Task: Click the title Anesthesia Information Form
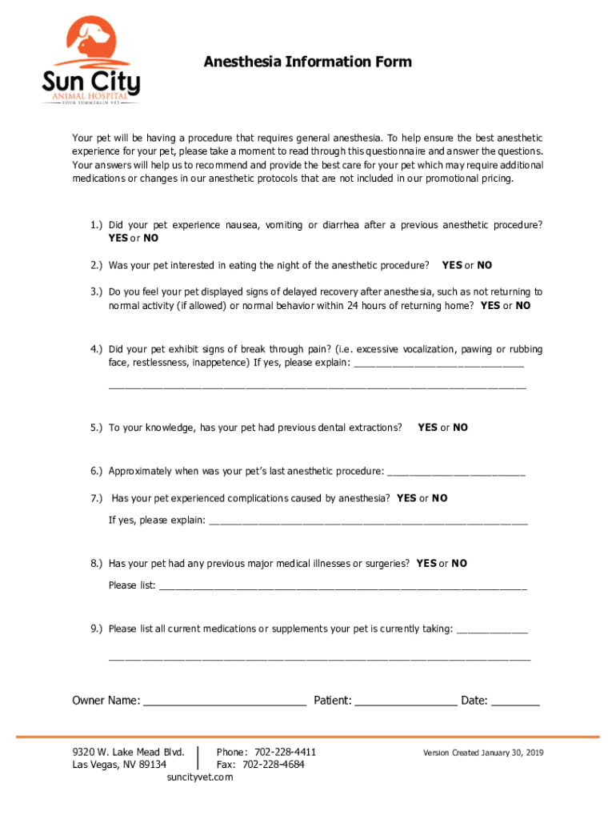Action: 307,62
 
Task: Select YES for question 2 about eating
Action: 452,265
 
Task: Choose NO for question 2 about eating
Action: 485,265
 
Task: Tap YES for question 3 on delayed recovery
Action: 490,306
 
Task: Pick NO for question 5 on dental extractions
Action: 460,428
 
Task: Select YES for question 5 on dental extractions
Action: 427,428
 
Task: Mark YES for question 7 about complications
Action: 406,498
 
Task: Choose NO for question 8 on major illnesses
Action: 459,564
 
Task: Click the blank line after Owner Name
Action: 225,702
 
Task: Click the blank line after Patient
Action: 406,702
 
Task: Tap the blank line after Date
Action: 515,702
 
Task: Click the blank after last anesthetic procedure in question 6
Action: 455,472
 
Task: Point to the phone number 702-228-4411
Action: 285,752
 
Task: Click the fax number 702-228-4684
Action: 273,765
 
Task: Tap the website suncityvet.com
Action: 199,778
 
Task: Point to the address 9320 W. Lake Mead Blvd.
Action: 128,752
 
